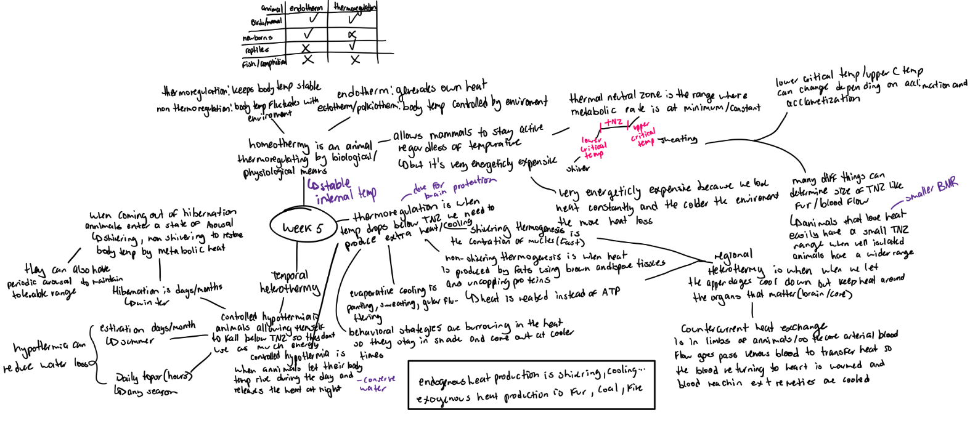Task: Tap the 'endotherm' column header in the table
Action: coord(306,8)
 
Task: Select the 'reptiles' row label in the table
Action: coord(257,50)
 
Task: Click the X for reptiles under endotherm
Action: coord(306,47)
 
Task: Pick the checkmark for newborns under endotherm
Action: coord(308,33)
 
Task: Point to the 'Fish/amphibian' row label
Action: coord(264,63)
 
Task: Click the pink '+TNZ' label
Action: coord(613,122)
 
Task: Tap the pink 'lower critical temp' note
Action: coord(593,147)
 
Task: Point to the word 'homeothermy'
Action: coord(279,144)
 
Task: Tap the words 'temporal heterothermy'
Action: coord(290,282)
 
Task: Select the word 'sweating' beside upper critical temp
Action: coord(678,139)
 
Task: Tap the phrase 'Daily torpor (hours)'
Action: coord(153,376)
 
